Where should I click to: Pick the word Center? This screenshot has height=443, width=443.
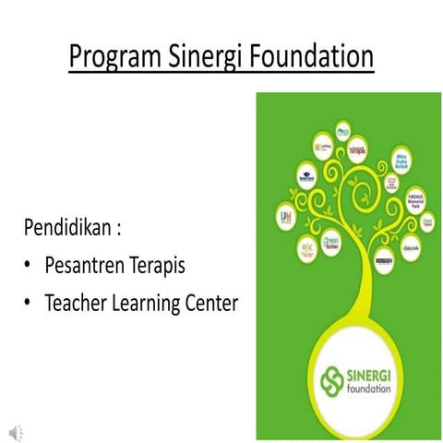[x=211, y=301]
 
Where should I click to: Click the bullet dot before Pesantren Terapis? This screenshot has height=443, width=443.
[x=29, y=267]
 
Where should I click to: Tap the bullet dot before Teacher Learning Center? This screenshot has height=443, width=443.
[x=29, y=302]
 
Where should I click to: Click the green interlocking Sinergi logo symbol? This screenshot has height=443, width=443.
[x=331, y=379]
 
